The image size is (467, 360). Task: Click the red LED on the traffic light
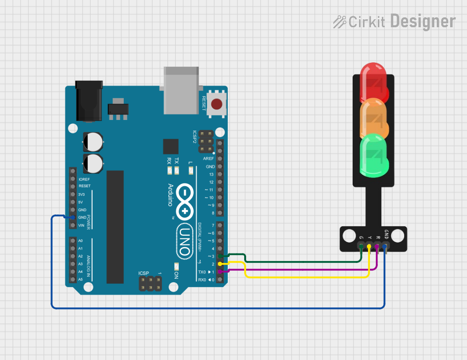(373, 80)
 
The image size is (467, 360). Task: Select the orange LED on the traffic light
(373, 118)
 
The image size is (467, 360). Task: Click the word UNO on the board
(184, 241)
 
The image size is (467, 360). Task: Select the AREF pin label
(208, 158)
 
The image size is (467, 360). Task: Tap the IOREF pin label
(84, 179)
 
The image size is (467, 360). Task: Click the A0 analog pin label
(80, 241)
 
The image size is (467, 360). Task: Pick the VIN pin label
(82, 225)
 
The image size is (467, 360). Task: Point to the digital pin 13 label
(211, 174)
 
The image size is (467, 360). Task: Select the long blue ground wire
(218, 308)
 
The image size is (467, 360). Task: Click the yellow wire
(307, 277)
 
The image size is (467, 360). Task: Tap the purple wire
(307, 269)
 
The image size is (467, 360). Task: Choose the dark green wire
(307, 261)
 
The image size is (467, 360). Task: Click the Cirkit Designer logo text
(394, 21)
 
